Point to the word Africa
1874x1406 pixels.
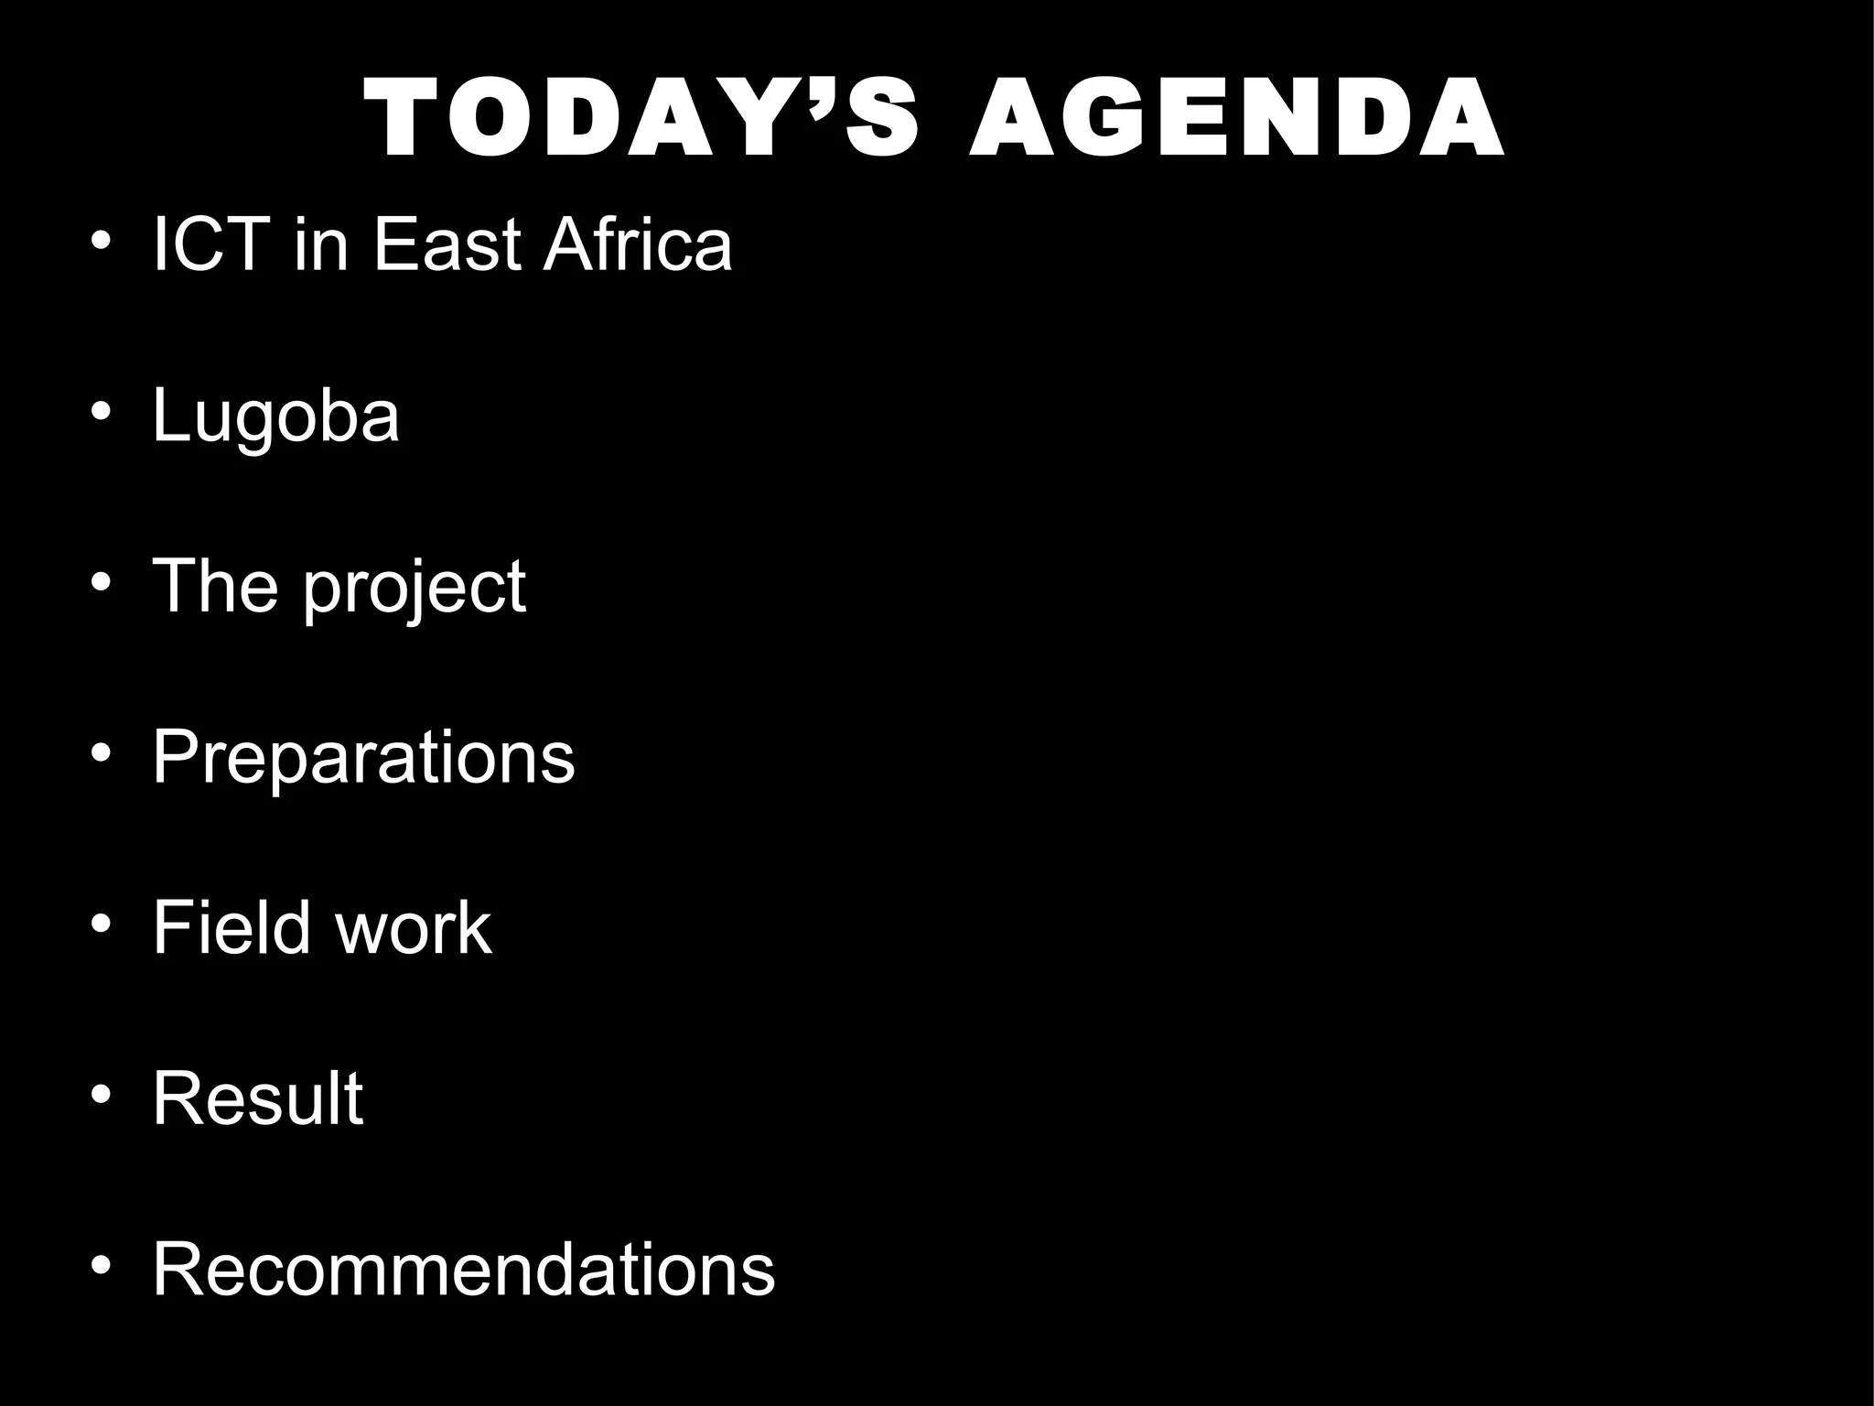pyautogui.click(x=638, y=245)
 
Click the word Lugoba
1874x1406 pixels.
pyautogui.click(x=275, y=417)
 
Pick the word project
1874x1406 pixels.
pyautogui.click(x=415, y=589)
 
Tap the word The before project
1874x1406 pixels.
pyautogui.click(x=215, y=587)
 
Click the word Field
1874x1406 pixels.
pyautogui.click(x=232, y=928)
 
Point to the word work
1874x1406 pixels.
pyautogui.click(x=414, y=928)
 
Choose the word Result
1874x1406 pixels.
pyautogui.click(x=258, y=1098)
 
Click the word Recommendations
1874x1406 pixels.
pyautogui.click(x=463, y=1270)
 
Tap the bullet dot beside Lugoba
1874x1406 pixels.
pyautogui.click(x=102, y=410)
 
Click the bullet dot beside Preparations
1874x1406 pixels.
pyautogui.click(x=102, y=752)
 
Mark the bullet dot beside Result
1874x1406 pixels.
pyautogui.click(x=102, y=1094)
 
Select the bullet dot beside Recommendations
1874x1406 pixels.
pyautogui.click(x=102, y=1264)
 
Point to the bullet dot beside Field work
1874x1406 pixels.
pyautogui.click(x=102, y=923)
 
